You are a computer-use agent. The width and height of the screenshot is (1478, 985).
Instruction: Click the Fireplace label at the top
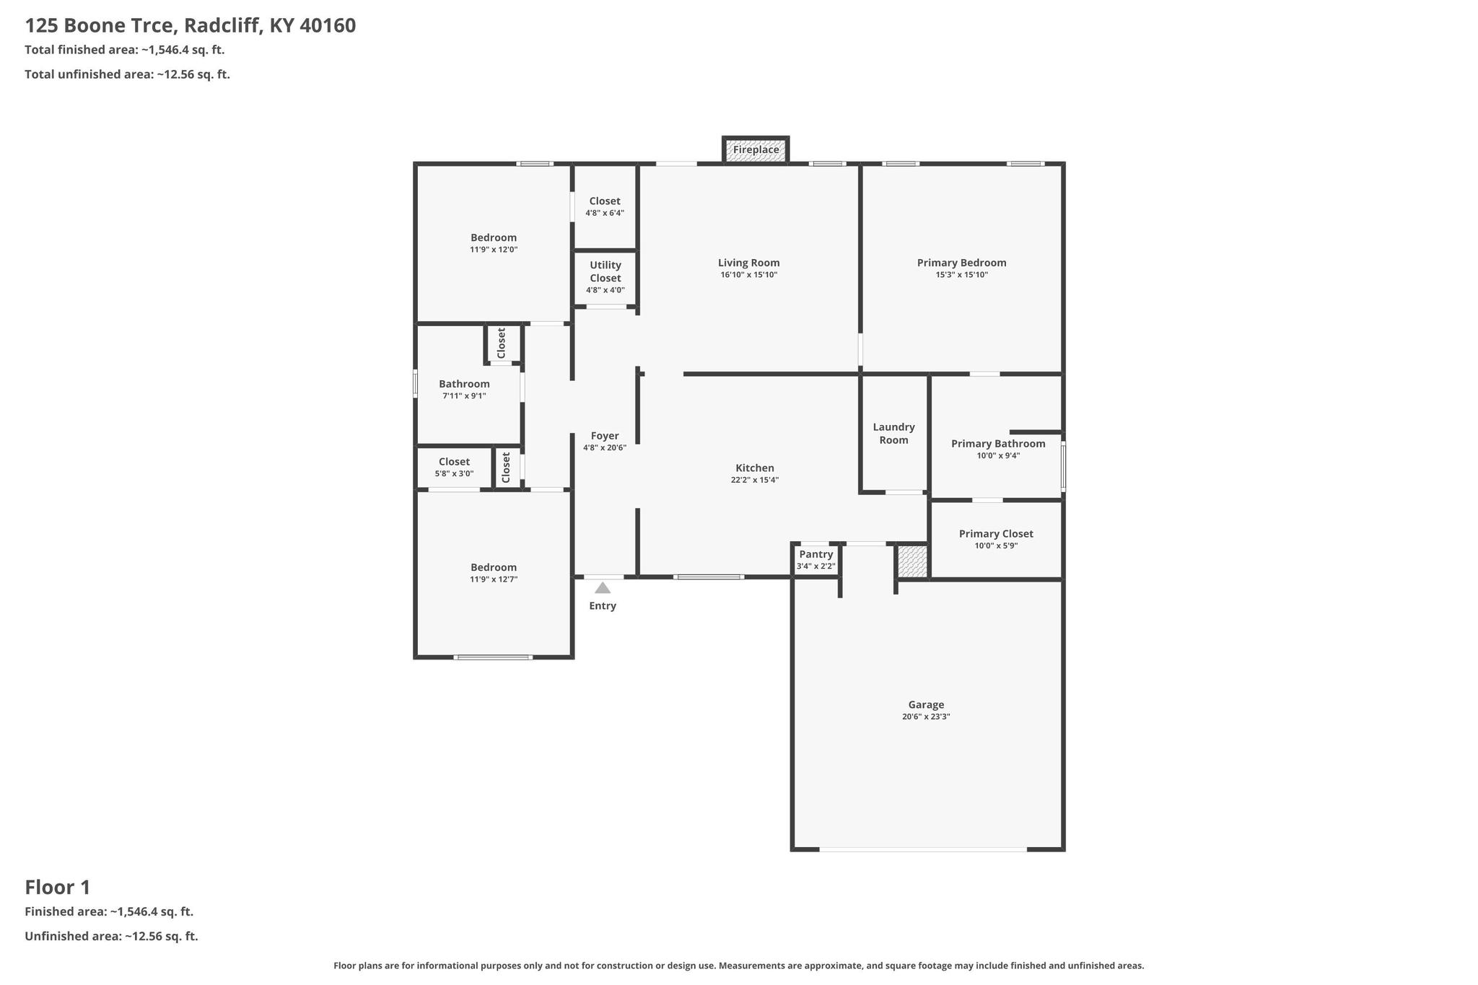756,150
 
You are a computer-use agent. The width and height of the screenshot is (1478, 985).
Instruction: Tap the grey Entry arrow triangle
603,588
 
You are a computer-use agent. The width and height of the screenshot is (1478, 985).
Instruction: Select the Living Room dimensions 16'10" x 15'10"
748,275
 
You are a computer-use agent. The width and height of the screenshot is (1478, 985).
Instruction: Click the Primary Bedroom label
961,263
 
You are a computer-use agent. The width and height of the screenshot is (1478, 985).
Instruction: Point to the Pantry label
816,554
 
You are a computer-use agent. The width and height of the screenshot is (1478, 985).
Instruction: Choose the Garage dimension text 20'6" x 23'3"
926,717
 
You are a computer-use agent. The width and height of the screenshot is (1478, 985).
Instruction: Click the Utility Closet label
605,271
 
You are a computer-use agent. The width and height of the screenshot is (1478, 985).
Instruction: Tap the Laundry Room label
893,434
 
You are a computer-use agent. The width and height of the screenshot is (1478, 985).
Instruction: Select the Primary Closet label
996,534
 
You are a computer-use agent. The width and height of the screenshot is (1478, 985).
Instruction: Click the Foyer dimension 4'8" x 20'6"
605,448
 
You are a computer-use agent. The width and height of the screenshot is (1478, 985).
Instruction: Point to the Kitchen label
755,468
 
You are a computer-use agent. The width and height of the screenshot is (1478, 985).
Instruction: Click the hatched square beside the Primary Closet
912,561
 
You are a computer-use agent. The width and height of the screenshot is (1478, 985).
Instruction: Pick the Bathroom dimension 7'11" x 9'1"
464,396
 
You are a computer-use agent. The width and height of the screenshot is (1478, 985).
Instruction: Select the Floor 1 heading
58,887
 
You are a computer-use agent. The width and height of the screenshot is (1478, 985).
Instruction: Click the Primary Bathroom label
998,444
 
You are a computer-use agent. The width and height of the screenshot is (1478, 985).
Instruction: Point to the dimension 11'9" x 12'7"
494,579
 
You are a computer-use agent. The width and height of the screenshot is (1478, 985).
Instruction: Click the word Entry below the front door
603,606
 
